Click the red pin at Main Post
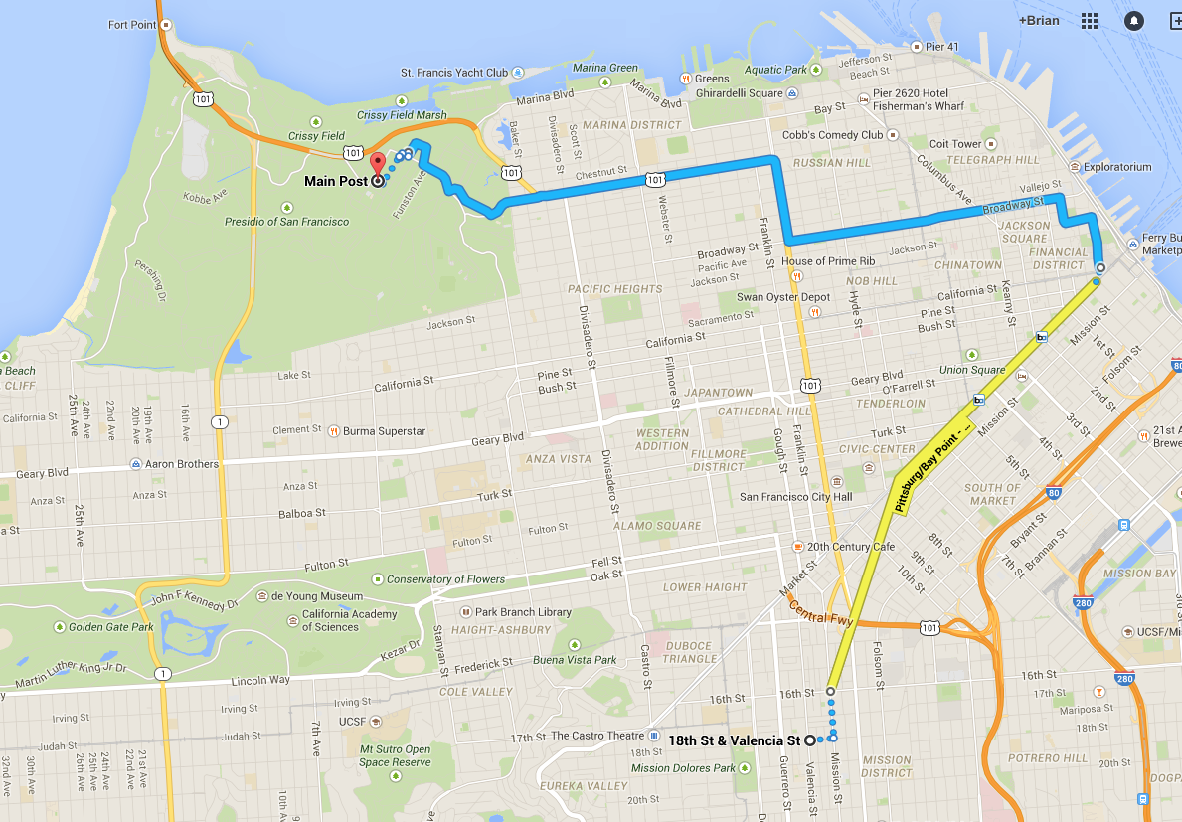pos(377,164)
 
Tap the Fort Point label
pos(132,24)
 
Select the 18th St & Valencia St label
pos(734,740)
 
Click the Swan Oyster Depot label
pos(783,297)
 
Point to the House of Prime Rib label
pos(829,261)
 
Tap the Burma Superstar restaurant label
pos(384,431)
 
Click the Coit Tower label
pos(954,144)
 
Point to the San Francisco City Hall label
pos(795,497)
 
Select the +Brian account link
pos(1039,20)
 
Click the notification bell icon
pos(1133,21)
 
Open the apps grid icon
pos(1090,21)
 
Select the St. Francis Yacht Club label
pos(453,73)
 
